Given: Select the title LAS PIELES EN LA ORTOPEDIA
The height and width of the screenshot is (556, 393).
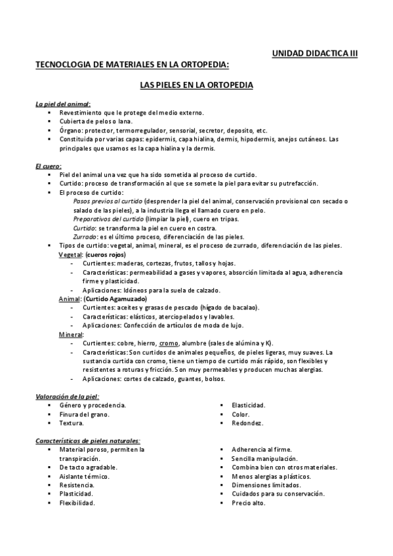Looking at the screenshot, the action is (x=197, y=85).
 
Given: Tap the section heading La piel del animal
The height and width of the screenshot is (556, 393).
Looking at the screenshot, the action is (x=63, y=104).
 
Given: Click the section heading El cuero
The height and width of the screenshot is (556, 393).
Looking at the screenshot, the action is (x=48, y=167).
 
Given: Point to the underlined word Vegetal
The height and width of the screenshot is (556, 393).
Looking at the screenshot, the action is (x=70, y=254).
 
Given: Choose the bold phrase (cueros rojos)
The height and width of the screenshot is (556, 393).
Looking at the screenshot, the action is (x=105, y=254).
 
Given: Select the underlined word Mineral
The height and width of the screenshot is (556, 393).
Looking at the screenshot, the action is (x=72, y=334).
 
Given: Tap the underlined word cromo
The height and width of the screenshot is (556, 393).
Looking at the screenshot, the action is (x=169, y=343).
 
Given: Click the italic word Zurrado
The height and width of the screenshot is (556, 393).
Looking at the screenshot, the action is (x=85, y=236).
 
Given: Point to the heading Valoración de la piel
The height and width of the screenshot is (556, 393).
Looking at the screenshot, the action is (x=66, y=396).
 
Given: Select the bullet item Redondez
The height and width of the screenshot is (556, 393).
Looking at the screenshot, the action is (x=247, y=423).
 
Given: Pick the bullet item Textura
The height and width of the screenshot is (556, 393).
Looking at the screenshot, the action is (x=72, y=423).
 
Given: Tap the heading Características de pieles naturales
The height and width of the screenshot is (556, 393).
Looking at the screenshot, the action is (x=88, y=441).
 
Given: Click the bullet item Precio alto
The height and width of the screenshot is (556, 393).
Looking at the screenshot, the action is (x=249, y=503).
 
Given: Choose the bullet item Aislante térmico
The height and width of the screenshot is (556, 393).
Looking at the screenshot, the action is (x=84, y=476).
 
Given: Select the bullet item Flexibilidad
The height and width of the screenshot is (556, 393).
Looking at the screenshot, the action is (x=77, y=503).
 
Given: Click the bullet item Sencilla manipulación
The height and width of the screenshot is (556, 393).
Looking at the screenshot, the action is (x=264, y=458).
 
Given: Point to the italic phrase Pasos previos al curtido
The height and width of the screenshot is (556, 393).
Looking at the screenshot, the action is (x=108, y=201).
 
